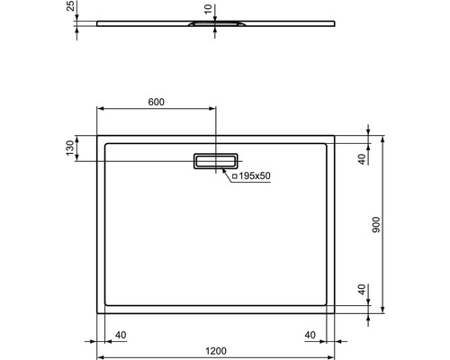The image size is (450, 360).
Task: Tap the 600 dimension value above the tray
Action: coord(156,101)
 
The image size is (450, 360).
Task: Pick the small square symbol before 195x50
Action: coord(234,176)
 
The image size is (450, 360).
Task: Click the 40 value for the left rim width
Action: coord(121,335)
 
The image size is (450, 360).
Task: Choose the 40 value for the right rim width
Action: coord(310,335)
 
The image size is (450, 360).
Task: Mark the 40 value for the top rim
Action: coord(361,159)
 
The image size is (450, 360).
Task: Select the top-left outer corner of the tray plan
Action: coord(97,136)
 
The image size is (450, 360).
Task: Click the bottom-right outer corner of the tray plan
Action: coord(335,313)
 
